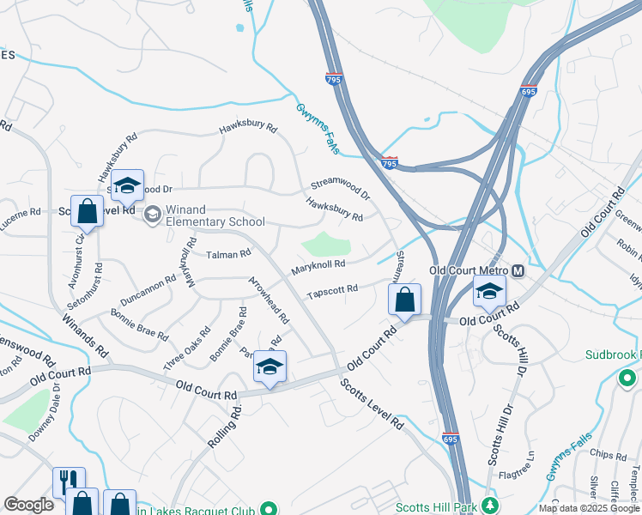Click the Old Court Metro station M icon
518,270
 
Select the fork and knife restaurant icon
69,481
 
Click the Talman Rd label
228,254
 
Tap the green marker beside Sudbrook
627,378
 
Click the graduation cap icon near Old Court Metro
489,292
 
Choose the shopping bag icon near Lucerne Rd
87,209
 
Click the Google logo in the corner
28,505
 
